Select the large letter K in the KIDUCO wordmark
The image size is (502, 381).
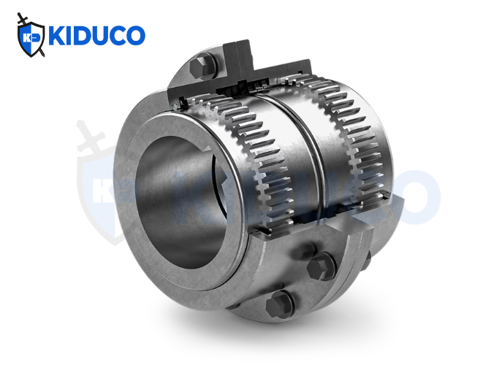click(57, 36)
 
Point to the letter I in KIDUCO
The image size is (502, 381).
click(71, 36)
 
